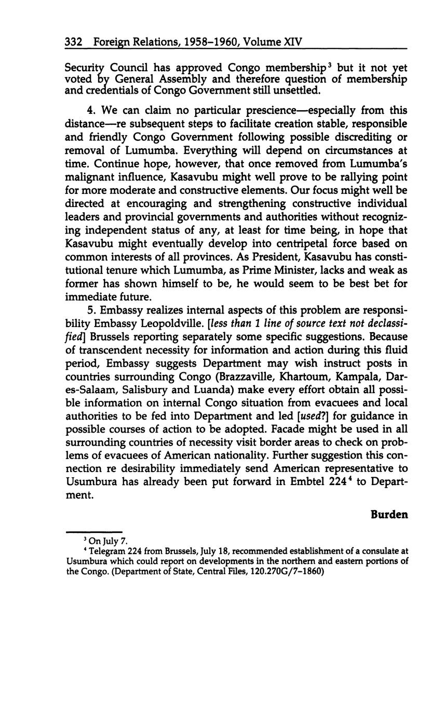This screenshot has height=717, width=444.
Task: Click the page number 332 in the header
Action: click(x=74, y=42)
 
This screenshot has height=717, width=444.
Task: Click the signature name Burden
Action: click(x=389, y=515)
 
